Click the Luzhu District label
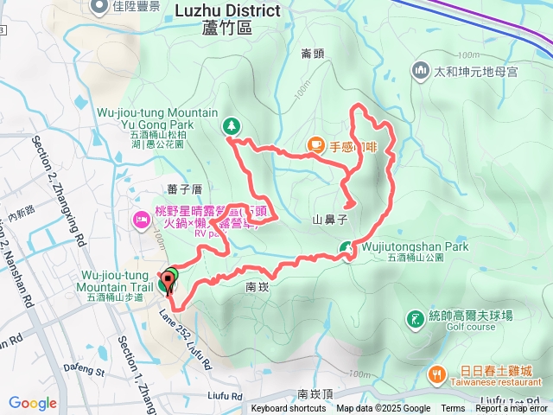pyautogui.click(x=227, y=11)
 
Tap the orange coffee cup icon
pyautogui.click(x=316, y=145)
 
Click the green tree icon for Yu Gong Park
pyautogui.click(x=232, y=125)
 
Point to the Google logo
pyautogui.click(x=33, y=403)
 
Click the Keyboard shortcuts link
pyautogui.click(x=289, y=409)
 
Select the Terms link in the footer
pyautogui.click(x=453, y=409)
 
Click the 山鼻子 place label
pyautogui.click(x=329, y=220)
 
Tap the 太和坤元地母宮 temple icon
pyautogui.click(x=421, y=69)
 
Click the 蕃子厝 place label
pyautogui.click(x=184, y=188)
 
